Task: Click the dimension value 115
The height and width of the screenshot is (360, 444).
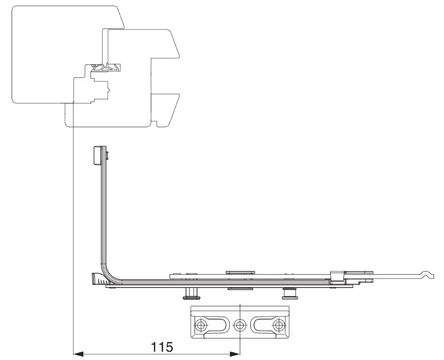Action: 161,347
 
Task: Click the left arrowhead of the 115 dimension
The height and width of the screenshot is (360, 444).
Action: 78,354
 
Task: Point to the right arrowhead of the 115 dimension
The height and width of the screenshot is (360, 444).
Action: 235,354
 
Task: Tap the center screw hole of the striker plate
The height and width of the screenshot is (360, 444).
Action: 240,324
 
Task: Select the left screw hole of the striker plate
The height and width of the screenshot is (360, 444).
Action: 201,324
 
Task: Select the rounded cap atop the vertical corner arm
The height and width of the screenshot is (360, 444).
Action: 97,155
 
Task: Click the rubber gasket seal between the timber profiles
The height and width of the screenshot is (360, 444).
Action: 106,68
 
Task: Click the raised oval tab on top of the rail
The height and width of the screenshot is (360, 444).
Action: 240,273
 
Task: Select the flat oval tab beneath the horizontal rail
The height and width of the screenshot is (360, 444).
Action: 240,289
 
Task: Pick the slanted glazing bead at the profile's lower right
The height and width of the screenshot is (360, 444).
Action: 166,110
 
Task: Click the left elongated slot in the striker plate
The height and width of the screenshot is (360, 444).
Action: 214,324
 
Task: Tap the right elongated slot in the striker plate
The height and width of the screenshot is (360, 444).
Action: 265,324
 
